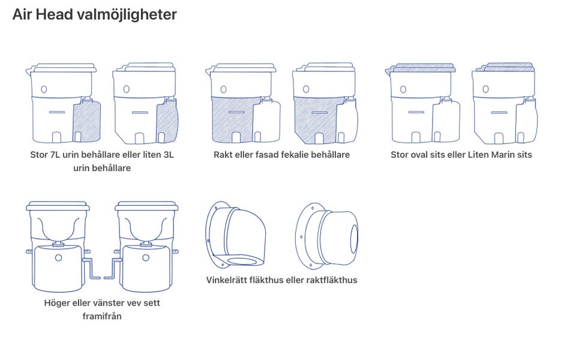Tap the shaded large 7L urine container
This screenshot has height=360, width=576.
point(86,122)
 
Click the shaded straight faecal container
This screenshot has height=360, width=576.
point(232,120)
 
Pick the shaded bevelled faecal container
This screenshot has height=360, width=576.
point(316,120)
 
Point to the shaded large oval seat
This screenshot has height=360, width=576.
point(423,68)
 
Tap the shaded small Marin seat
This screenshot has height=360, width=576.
point(509,67)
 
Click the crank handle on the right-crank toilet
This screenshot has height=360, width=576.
point(91,268)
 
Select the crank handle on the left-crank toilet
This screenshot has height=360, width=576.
point(113,268)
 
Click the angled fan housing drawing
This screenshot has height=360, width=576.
point(236,235)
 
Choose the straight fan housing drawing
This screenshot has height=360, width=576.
point(326,236)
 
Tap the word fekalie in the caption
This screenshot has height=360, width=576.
point(295,155)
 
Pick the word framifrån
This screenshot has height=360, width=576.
point(102,316)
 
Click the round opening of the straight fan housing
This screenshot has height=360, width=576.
point(354,238)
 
